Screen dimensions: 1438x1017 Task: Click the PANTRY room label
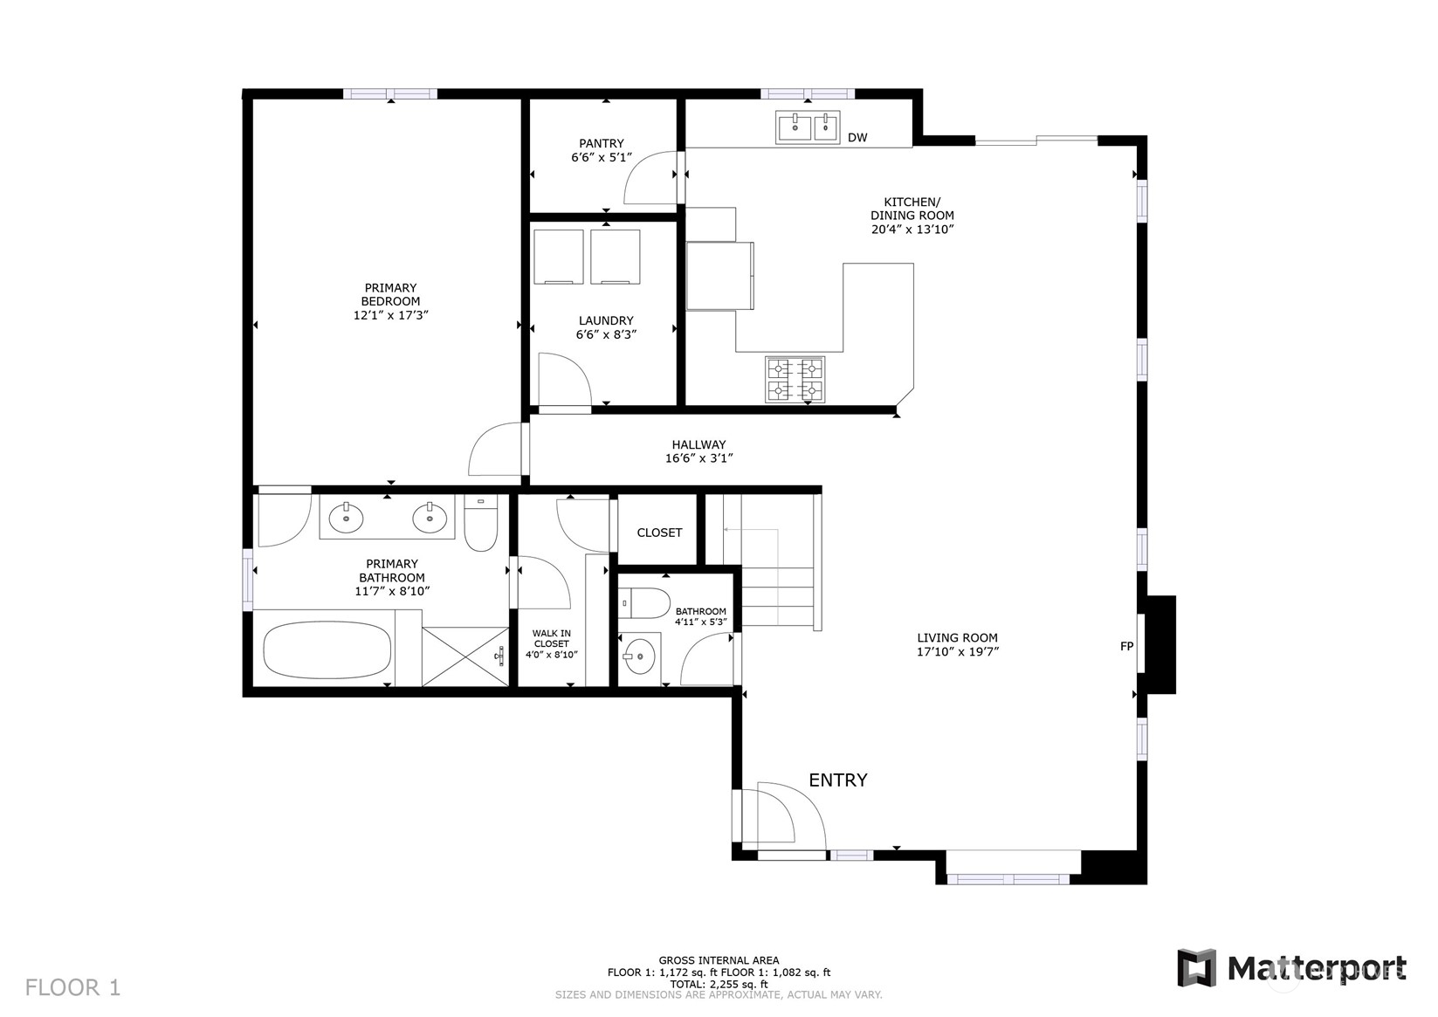(x=602, y=143)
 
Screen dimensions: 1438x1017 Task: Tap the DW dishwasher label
(x=857, y=137)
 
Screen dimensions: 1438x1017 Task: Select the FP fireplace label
(x=1126, y=647)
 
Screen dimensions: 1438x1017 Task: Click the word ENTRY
(x=838, y=780)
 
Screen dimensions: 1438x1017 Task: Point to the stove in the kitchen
(x=795, y=380)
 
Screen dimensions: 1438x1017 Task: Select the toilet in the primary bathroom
(x=481, y=523)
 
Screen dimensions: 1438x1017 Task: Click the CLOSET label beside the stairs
(x=659, y=533)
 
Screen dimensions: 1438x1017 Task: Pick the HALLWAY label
(x=698, y=444)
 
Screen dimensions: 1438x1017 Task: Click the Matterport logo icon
(x=1196, y=967)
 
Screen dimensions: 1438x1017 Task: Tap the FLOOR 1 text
(x=72, y=987)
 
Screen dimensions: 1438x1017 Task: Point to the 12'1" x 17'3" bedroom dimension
(x=391, y=315)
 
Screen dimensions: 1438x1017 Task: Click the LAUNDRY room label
(x=606, y=320)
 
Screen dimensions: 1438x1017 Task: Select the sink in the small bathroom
(x=639, y=656)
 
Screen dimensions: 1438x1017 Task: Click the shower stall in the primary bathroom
(x=465, y=656)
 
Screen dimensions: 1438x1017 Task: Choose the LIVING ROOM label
(x=957, y=637)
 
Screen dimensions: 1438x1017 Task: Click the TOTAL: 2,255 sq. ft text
(x=719, y=984)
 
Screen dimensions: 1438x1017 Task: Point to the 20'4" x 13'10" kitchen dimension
(x=912, y=230)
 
